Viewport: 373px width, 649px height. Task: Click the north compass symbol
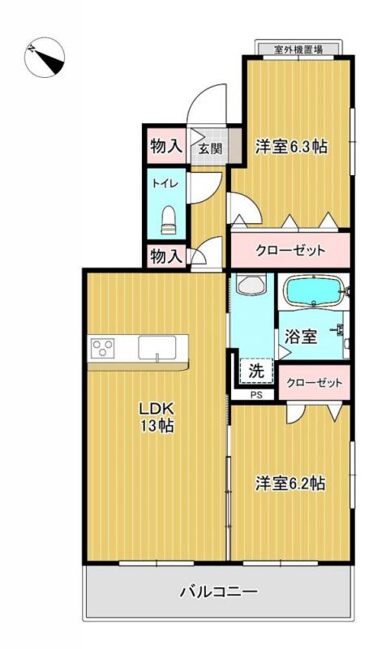point(45,57)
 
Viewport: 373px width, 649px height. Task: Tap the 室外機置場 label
point(298,49)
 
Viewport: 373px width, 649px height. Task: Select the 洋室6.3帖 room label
point(292,146)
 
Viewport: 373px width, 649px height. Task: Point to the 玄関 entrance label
point(211,148)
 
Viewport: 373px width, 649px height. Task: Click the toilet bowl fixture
point(169,220)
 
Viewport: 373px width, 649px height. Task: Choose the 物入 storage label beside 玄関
point(166,146)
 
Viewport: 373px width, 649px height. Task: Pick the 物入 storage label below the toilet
point(166,256)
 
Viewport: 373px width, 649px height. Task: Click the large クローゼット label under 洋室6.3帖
point(290,251)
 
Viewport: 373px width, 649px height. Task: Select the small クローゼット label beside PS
point(315,382)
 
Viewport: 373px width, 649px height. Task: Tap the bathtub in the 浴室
point(315,291)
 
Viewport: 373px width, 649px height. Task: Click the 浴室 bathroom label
point(301,337)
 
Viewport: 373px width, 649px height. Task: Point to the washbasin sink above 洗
point(251,285)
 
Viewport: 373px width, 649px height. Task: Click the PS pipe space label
point(256,395)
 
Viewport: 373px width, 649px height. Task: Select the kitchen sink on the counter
point(157,348)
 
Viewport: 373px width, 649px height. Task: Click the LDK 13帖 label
point(156,417)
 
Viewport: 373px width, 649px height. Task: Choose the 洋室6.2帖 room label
point(289,484)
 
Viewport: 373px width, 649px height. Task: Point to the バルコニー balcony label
point(219,591)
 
